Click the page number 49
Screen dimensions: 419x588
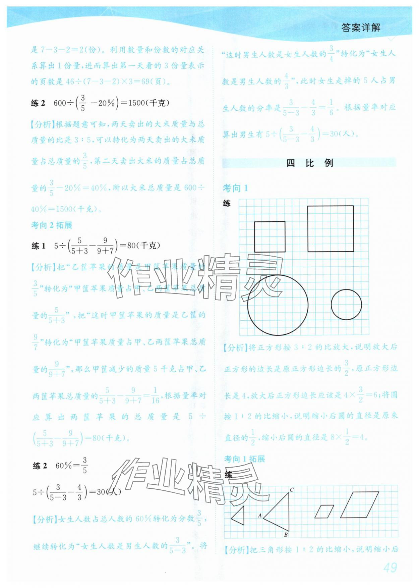pos(390,568)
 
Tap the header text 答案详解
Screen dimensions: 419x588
pos(361,28)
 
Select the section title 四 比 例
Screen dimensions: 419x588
pos(309,163)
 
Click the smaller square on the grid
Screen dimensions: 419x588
pos(270,236)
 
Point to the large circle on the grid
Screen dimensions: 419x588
pos(278,305)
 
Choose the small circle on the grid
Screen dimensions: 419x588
pos(346,305)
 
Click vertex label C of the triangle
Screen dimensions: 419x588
pos(292,490)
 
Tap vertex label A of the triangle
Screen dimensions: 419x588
pos(260,516)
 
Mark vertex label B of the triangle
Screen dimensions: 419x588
pos(286,535)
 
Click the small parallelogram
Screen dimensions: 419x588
pos(324,512)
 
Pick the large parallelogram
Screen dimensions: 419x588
pos(359,505)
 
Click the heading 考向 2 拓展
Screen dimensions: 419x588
pos(52,225)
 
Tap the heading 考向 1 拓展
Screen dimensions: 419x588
pos(244,459)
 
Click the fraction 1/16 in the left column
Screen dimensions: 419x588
pos(155,395)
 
